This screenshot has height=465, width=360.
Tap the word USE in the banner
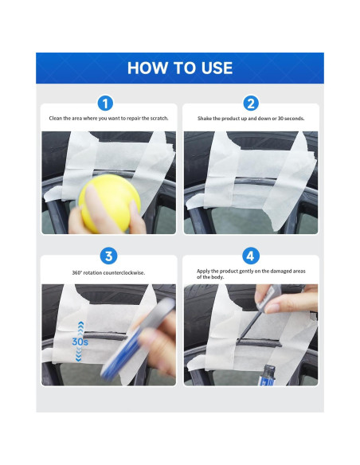[217, 68]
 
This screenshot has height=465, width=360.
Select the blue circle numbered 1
[105, 104]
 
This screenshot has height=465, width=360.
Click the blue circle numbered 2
[251, 104]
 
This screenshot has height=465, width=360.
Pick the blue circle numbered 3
[108, 256]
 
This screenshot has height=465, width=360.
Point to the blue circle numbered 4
[251, 256]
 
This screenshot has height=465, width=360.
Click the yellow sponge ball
[109, 202]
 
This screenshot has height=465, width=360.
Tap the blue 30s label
[80, 342]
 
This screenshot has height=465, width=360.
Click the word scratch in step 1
[159, 118]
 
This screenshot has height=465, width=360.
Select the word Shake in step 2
[205, 119]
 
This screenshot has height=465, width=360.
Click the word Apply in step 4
[203, 271]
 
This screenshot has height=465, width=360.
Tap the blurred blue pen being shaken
[139, 338]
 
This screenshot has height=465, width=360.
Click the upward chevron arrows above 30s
[80, 329]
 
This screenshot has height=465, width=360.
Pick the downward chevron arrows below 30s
[79, 354]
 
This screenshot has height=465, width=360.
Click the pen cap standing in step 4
[268, 376]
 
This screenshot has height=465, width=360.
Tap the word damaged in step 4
[278, 271]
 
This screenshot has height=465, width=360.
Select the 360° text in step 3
[76, 272]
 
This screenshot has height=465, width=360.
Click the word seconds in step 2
[294, 119]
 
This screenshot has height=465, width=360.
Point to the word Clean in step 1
[56, 118]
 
